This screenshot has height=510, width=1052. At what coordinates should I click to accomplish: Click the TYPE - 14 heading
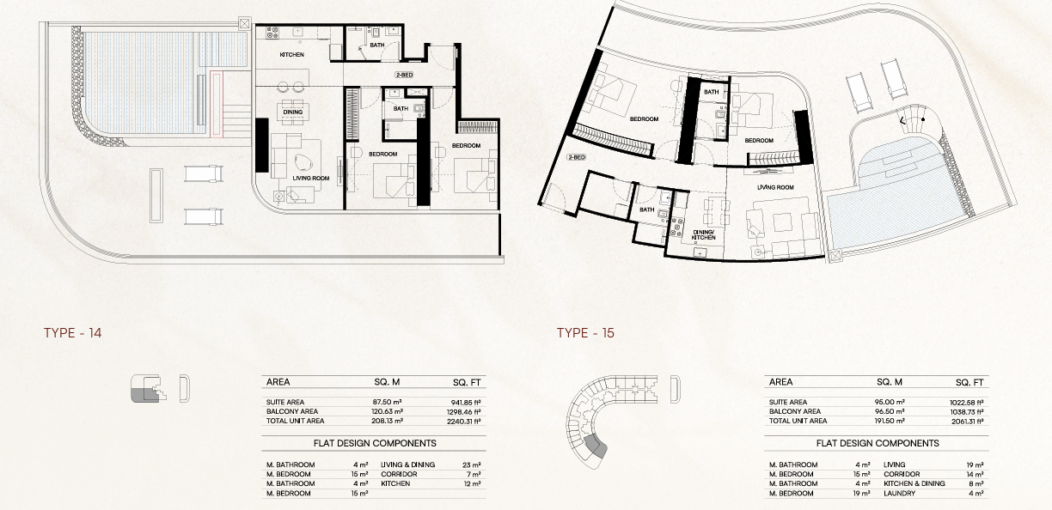[73, 333]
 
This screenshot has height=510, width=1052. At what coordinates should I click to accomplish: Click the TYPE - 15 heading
[585, 333]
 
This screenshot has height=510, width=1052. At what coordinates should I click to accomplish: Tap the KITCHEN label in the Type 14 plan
[291, 55]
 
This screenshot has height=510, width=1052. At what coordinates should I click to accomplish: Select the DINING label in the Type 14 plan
[292, 112]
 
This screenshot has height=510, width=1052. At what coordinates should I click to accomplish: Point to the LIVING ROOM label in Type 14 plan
[311, 179]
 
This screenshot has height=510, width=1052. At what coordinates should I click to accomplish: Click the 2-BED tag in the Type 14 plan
[404, 75]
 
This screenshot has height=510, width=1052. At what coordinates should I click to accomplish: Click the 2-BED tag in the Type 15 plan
[576, 157]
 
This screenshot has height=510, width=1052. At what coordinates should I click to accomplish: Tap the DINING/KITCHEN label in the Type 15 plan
[703, 235]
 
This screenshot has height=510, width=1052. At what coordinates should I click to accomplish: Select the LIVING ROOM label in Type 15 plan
[775, 187]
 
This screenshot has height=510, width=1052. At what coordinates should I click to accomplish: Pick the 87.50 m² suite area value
[387, 402]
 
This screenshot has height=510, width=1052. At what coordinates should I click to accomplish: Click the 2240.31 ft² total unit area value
[463, 422]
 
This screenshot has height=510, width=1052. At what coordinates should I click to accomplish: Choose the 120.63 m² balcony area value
[387, 411]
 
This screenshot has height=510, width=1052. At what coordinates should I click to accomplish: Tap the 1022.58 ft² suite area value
[967, 403]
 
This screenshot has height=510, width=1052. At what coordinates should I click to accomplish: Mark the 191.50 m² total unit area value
[890, 421]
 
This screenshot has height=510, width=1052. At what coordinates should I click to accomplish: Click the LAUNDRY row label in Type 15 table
[899, 494]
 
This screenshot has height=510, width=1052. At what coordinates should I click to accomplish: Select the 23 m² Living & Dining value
[472, 465]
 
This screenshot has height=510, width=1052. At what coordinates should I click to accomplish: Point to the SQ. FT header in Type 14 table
[467, 383]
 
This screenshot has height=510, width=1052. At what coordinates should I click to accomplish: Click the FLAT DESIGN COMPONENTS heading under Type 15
[878, 443]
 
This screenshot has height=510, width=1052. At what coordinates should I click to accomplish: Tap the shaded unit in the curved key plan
[596, 446]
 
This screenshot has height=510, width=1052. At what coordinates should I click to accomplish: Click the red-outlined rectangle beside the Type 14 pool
[216, 104]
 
